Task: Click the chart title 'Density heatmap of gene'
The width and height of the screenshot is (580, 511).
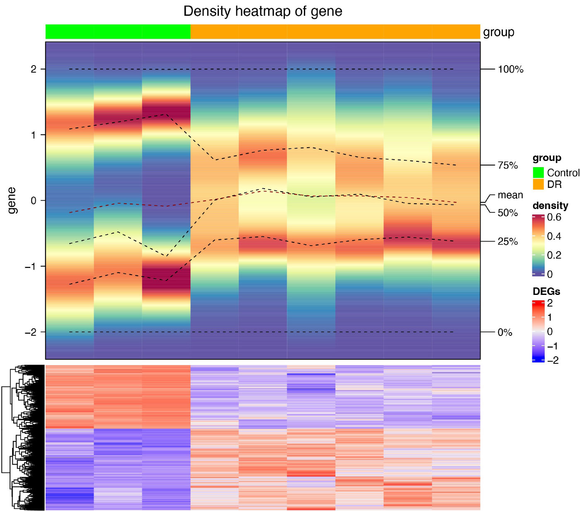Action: click(263, 11)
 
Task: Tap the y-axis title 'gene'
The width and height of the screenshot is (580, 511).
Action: click(12, 200)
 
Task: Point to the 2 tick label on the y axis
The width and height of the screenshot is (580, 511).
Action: click(34, 69)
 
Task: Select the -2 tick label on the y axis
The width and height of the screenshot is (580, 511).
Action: click(31, 332)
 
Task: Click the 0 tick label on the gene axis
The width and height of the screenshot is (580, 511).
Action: click(34, 201)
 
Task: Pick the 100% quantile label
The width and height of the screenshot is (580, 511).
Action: click(510, 69)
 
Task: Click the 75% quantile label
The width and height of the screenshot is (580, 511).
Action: click(508, 165)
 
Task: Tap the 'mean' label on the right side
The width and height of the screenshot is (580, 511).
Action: click(510, 195)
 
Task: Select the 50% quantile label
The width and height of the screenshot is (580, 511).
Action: click(508, 213)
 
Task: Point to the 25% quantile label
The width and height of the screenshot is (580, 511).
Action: click(508, 241)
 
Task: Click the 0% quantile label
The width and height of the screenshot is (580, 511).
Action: click(505, 332)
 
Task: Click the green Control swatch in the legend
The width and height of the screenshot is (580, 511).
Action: click(538, 173)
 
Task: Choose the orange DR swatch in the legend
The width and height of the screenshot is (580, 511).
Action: click(538, 184)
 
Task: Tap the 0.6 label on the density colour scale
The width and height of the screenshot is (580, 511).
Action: click(554, 217)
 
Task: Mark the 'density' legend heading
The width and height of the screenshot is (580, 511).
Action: click(550, 206)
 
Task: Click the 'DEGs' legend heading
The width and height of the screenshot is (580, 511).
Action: click(546, 292)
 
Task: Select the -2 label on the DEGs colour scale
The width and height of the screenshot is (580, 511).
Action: click(553, 360)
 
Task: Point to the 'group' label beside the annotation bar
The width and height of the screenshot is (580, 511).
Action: click(499, 32)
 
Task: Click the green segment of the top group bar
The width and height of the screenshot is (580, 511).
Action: click(118, 32)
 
